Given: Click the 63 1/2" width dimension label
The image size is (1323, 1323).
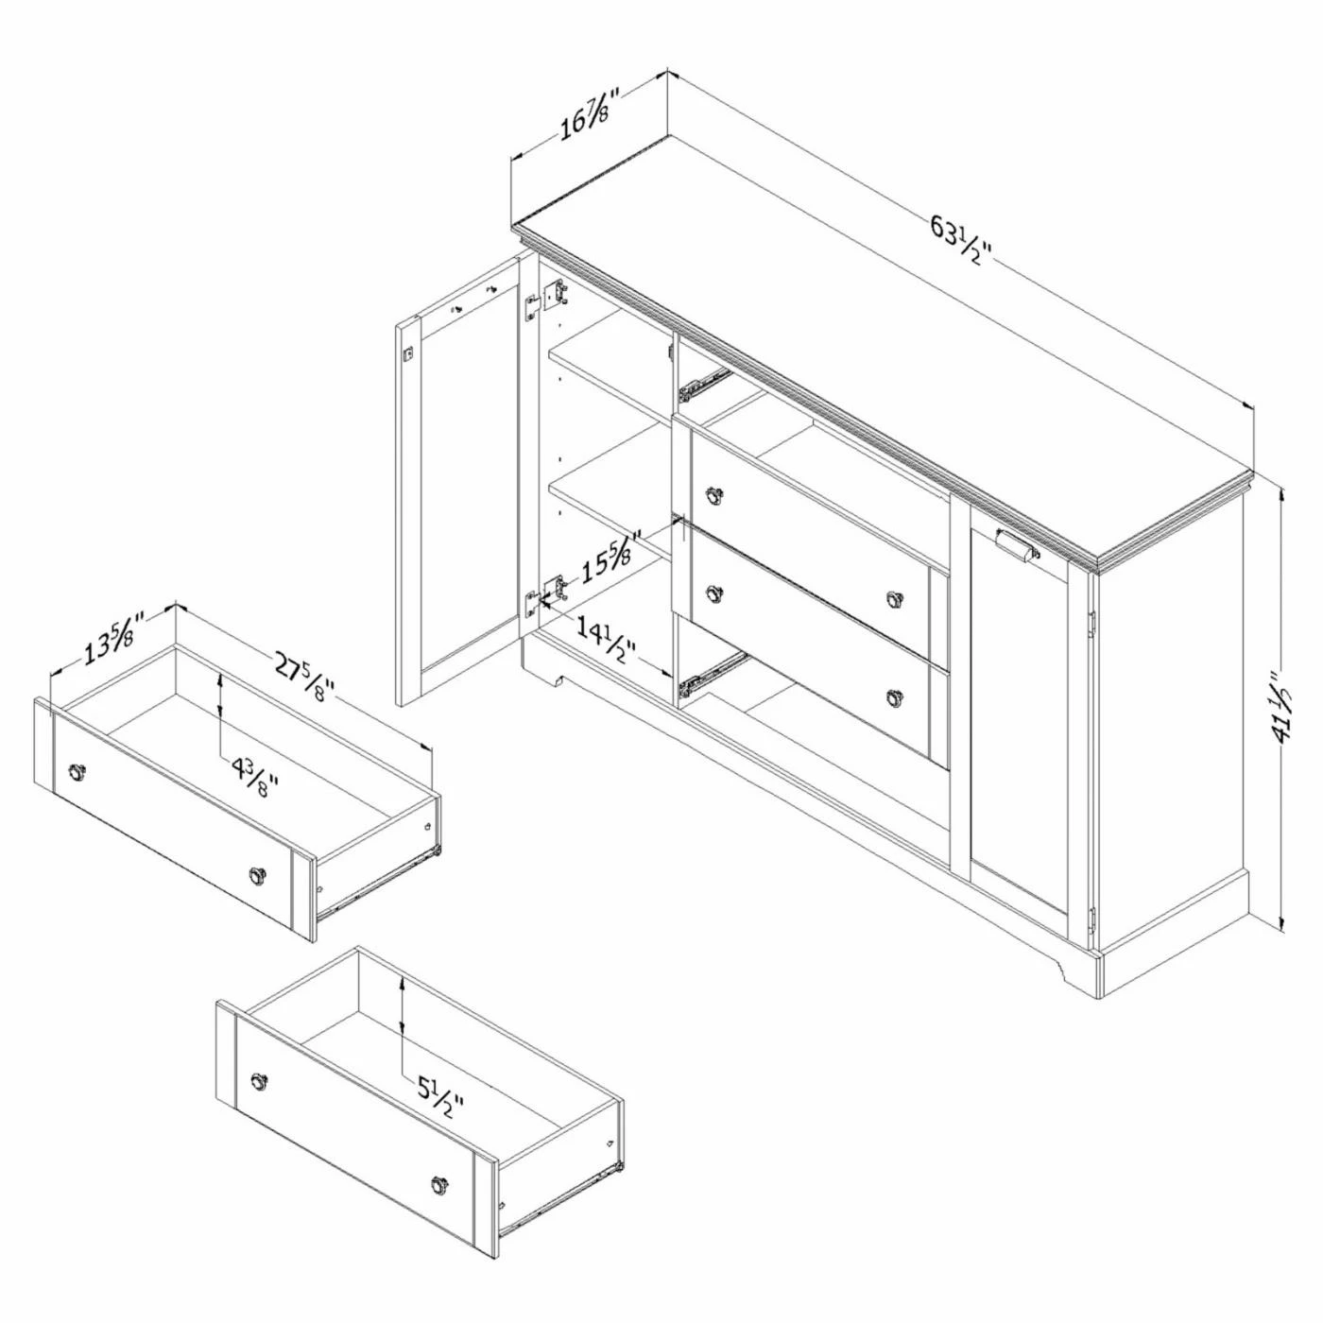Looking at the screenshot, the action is coord(961,241).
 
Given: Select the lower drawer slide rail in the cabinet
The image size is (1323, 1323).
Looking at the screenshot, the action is coord(712,673).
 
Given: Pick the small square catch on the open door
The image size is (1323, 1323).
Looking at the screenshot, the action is coord(408,352).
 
